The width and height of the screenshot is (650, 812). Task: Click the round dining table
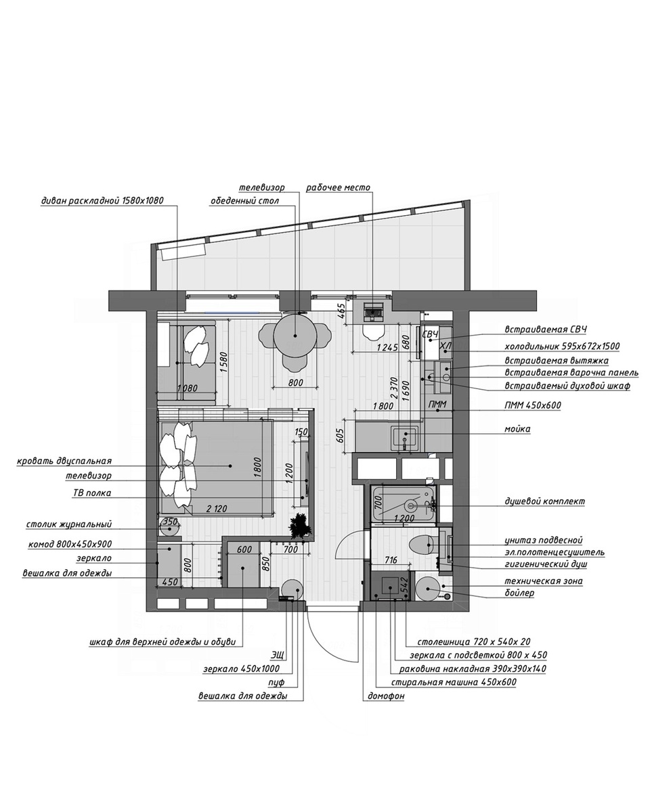pyautogui.click(x=295, y=335)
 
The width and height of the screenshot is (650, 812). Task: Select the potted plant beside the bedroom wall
pyautogui.click(x=301, y=525)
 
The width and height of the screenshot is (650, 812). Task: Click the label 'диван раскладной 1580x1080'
pyautogui.click(x=102, y=200)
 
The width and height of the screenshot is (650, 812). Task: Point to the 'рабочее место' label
pyautogui.click(x=338, y=187)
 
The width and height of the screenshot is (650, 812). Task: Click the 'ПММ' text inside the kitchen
pyautogui.click(x=437, y=405)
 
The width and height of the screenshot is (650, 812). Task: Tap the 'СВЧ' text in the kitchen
pyautogui.click(x=430, y=334)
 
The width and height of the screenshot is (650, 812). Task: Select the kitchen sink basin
pyautogui.click(x=405, y=438)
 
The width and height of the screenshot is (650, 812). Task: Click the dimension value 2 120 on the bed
pyautogui.click(x=217, y=509)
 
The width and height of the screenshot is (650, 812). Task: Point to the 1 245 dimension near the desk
pyautogui.click(x=387, y=347)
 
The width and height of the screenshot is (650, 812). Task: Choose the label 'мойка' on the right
pyautogui.click(x=517, y=429)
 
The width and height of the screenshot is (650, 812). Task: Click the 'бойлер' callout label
pyautogui.click(x=520, y=593)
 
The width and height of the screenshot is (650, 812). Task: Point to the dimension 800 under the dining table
pyautogui.click(x=296, y=382)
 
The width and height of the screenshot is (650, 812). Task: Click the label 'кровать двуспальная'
pyautogui.click(x=64, y=461)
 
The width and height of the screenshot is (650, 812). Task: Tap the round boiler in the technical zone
pyautogui.click(x=427, y=588)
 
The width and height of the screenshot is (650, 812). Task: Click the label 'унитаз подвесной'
pyautogui.click(x=544, y=541)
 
